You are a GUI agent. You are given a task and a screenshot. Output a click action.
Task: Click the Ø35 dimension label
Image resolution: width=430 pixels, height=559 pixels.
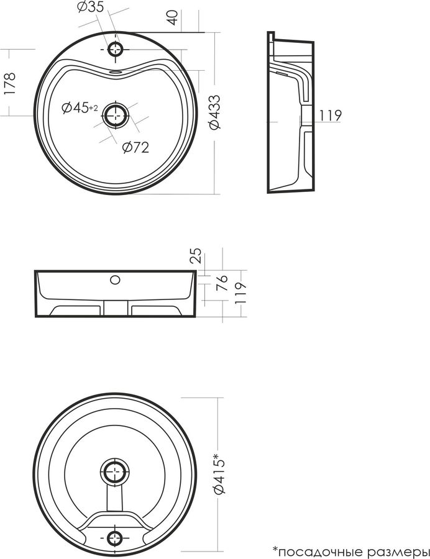91,7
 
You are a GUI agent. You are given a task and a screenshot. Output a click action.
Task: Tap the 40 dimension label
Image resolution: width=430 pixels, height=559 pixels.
173,17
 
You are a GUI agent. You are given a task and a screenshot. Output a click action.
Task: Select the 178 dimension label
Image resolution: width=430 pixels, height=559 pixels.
9,83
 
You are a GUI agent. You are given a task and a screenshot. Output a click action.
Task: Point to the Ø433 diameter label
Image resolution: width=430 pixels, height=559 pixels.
214,112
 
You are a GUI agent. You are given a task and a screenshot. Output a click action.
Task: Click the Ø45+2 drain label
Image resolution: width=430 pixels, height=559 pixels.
80,107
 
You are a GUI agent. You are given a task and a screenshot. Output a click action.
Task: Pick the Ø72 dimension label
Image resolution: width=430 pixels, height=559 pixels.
135,147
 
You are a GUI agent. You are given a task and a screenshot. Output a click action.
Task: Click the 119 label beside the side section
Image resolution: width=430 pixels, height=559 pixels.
330,115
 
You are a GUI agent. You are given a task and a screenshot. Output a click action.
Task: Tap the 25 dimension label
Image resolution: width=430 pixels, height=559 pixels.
196,256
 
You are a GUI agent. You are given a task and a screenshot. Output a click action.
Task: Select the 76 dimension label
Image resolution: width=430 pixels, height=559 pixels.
222,283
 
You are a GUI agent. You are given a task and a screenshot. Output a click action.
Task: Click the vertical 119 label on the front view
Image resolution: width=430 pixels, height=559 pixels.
240,293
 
